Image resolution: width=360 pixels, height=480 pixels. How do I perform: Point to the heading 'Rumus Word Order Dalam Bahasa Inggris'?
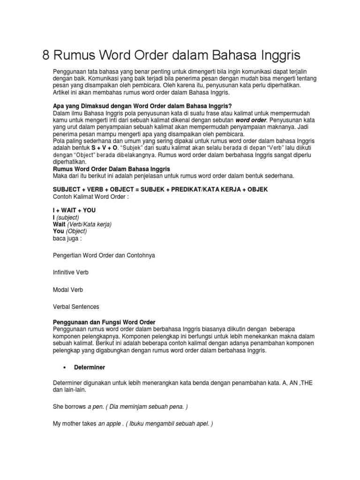111,168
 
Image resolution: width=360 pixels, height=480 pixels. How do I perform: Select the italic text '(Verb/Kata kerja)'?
89,225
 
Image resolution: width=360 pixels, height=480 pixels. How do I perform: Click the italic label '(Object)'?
76,231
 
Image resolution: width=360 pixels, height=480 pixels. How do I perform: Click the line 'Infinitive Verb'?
70,272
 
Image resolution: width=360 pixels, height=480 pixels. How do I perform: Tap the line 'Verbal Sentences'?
76,307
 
